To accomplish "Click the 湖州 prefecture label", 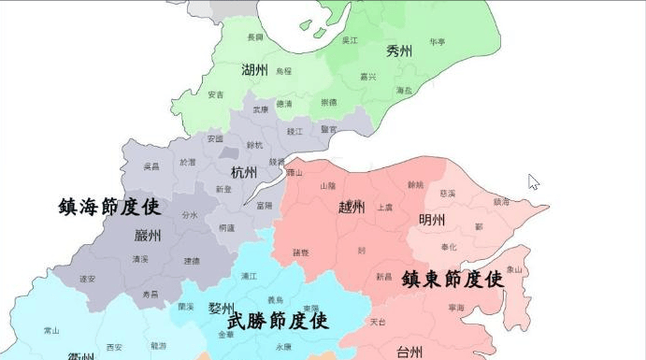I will (254, 70).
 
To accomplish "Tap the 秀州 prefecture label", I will (399, 51).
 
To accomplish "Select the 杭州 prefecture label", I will (244, 172).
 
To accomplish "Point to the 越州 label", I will (352, 207).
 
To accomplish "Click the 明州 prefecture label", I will (432, 221).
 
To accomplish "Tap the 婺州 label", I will (222, 309).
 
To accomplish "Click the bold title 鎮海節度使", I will (109, 207).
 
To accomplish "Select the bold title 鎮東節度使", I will (452, 279).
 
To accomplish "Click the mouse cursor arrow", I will (533, 180).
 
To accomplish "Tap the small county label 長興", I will (255, 37).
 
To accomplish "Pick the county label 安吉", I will (216, 94).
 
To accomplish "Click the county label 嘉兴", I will (368, 77).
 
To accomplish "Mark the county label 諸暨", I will (301, 252).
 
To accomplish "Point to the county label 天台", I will (378, 322).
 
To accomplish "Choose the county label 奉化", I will (449, 246).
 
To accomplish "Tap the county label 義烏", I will (275, 299).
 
